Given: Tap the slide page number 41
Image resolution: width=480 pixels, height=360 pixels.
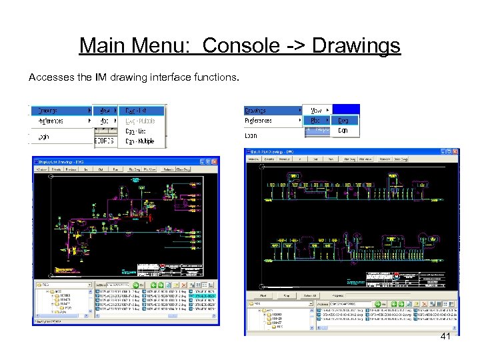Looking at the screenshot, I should tap(445, 338).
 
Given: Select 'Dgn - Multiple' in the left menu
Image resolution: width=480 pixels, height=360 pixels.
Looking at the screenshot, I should tap(139, 141).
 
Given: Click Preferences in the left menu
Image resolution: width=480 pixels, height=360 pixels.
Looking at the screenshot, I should tap(51, 121).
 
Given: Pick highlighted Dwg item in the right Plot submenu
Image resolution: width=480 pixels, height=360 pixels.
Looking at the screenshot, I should tap(343, 121).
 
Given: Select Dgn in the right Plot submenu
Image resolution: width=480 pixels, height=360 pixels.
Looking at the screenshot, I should tap(343, 131).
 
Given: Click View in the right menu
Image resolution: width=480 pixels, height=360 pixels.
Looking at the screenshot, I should tap(316, 111).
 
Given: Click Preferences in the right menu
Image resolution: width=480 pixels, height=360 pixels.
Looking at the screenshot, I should tap(259, 121).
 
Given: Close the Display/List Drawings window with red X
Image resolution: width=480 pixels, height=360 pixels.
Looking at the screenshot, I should tap(215, 161).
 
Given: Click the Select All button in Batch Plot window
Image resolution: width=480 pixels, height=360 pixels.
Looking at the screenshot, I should tap(309, 295).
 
